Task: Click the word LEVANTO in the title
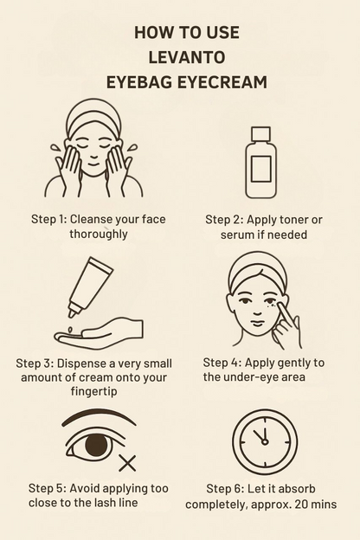(187, 57)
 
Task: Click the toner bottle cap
(260, 134)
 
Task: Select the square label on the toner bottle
(260, 169)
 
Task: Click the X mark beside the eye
(127, 463)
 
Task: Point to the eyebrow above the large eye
(99, 418)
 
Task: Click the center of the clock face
(265, 442)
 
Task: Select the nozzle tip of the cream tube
(72, 313)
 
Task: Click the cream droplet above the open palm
(71, 330)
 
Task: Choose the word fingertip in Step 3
(94, 391)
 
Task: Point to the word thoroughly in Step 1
(99, 235)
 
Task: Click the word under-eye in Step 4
(245, 376)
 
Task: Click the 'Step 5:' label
(48, 488)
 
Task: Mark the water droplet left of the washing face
(55, 148)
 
